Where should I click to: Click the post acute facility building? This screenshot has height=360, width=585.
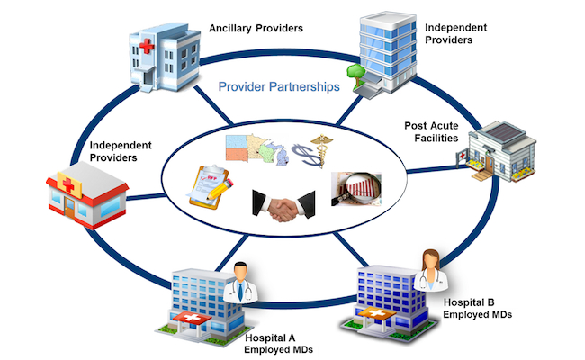pos(500,149)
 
